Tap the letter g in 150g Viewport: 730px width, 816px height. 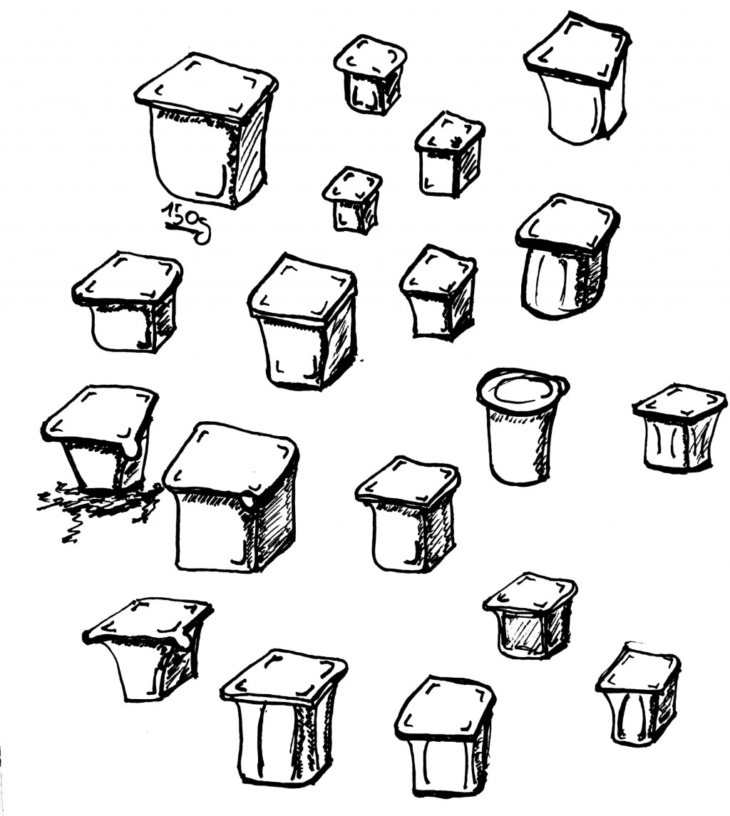click(x=204, y=229)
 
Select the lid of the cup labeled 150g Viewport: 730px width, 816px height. click(x=206, y=86)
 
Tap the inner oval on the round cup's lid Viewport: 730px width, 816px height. click(x=523, y=389)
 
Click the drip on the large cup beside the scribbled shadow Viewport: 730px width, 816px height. click(x=250, y=499)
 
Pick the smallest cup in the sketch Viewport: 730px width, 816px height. click(x=352, y=200)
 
